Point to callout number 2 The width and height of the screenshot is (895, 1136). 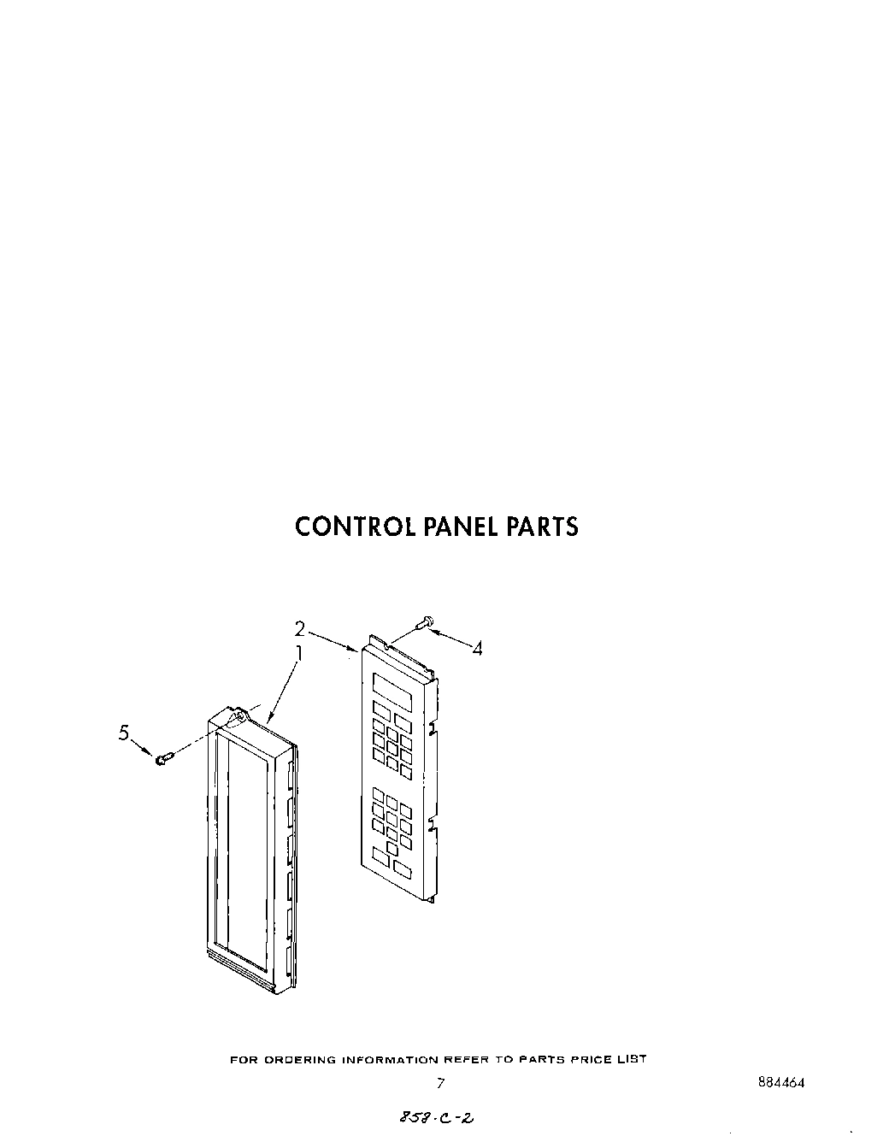[300, 629]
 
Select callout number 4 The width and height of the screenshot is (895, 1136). [477, 649]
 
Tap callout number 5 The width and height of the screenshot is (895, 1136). [125, 733]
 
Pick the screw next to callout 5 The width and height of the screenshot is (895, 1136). [165, 756]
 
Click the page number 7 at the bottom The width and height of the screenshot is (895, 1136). [440, 1084]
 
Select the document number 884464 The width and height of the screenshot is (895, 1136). [780, 1081]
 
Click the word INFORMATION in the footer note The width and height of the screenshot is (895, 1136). [388, 1060]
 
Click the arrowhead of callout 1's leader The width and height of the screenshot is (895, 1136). [269, 719]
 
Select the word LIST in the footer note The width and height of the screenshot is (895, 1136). [633, 1060]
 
